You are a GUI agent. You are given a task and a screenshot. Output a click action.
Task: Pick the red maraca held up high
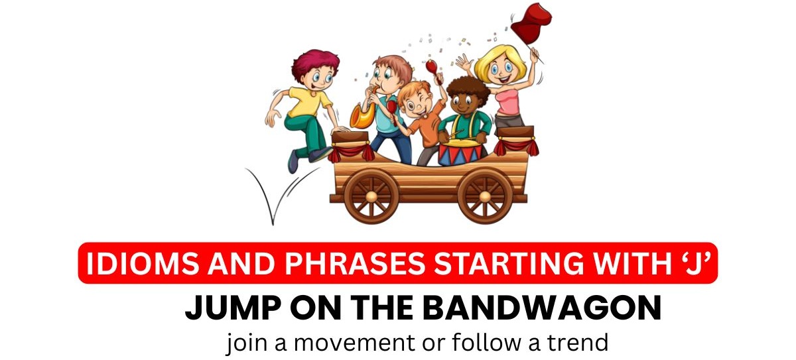431,66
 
